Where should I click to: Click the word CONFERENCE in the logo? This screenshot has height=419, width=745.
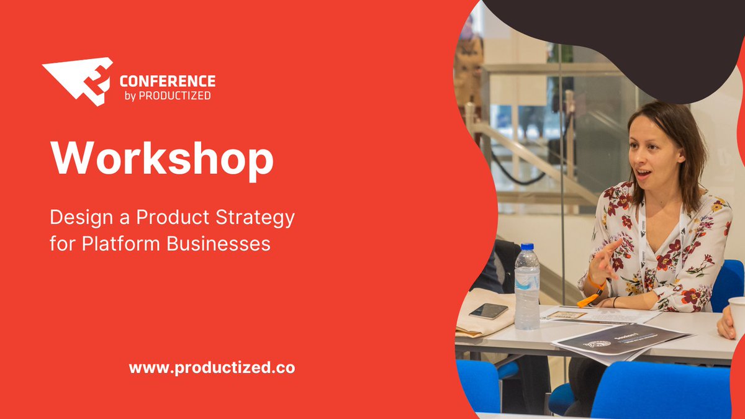(x=167, y=81)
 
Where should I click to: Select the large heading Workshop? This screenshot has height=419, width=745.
(x=162, y=159)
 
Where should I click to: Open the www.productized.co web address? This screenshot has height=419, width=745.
(x=212, y=367)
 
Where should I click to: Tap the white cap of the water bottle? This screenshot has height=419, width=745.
(x=526, y=248)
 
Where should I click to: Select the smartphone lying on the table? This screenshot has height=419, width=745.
(x=489, y=311)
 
